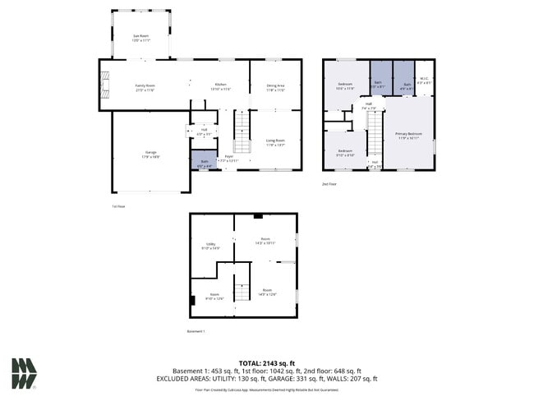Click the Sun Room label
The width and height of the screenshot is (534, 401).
(140, 37)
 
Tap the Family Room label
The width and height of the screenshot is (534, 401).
(145, 87)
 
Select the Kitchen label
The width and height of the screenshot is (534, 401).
(220, 86)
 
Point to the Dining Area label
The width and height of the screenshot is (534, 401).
(275, 87)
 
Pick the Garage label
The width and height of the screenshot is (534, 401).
(150, 154)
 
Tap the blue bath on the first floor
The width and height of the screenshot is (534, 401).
(205, 163)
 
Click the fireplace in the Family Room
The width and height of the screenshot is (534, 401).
(104, 85)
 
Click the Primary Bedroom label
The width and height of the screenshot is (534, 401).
(408, 136)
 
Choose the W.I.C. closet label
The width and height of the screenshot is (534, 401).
(423, 81)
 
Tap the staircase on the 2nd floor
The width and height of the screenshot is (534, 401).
(374, 133)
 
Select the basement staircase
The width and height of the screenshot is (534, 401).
(242, 288)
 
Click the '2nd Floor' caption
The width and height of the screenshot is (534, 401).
(329, 185)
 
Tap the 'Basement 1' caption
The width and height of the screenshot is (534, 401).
(196, 331)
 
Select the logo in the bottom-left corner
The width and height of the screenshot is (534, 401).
(24, 374)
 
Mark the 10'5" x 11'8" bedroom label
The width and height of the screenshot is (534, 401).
(345, 86)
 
